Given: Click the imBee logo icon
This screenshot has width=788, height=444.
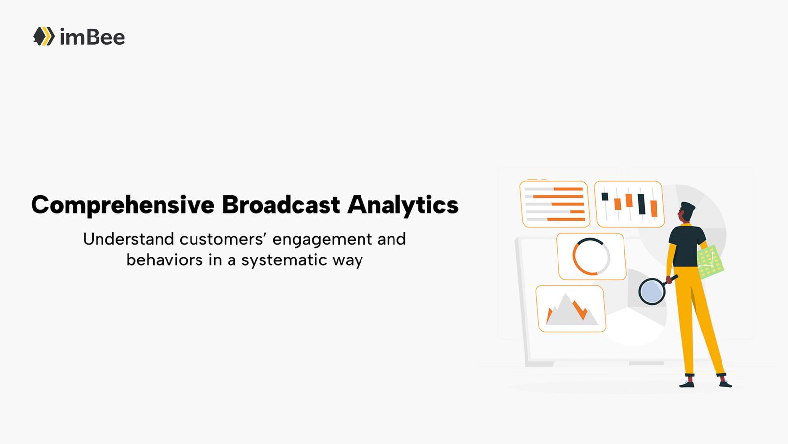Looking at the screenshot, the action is coord(44,36).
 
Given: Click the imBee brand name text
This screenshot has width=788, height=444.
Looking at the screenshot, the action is coord(92,37).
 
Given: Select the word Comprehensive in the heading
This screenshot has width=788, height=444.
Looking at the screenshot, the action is coord(123,205).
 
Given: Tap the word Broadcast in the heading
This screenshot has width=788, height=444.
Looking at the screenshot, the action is coord(281,204).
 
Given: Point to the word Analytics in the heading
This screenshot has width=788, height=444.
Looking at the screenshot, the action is coord(403,205).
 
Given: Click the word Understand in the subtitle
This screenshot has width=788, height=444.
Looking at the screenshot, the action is coord(129,239).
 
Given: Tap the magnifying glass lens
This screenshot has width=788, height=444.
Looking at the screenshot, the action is coord(652,292).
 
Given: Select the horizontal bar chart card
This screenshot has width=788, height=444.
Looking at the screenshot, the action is coord(555,204).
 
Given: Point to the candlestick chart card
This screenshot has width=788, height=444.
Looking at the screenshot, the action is coord(629,204).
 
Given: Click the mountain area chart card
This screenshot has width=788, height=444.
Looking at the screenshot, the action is coord(571,309).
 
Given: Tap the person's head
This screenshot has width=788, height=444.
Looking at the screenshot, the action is coord(687,213).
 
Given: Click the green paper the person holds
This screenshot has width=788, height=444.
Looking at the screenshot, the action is coord(710,261).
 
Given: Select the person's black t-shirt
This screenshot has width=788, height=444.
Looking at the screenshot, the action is coord(686,247).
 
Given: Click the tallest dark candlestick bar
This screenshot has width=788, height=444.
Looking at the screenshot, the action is coord(641,204).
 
